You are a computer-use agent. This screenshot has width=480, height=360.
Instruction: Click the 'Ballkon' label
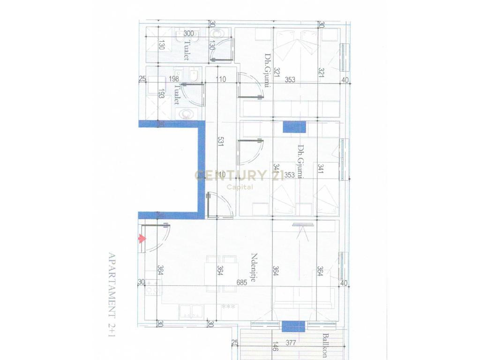coord(324,345)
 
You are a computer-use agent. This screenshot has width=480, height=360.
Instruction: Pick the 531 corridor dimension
coord(220,143)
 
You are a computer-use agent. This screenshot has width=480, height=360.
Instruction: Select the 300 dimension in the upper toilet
coord(188,33)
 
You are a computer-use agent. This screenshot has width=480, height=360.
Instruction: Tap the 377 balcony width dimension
coord(291,343)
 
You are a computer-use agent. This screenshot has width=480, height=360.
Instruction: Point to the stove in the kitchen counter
coord(153,291)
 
